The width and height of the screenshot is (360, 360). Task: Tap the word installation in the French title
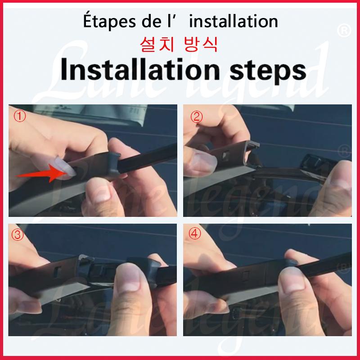click(x=234, y=21)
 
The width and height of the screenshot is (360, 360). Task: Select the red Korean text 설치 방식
click(x=179, y=44)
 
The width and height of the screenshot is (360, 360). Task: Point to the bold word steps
click(x=268, y=71)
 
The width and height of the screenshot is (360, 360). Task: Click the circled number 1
click(x=20, y=116)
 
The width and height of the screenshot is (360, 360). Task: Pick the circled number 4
click(x=195, y=234)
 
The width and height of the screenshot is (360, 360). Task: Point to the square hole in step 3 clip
click(x=58, y=271)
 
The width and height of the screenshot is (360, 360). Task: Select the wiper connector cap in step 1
click(x=110, y=164)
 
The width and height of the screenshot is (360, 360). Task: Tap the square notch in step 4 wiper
click(x=246, y=276)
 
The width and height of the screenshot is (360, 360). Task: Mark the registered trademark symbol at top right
click(x=344, y=31)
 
